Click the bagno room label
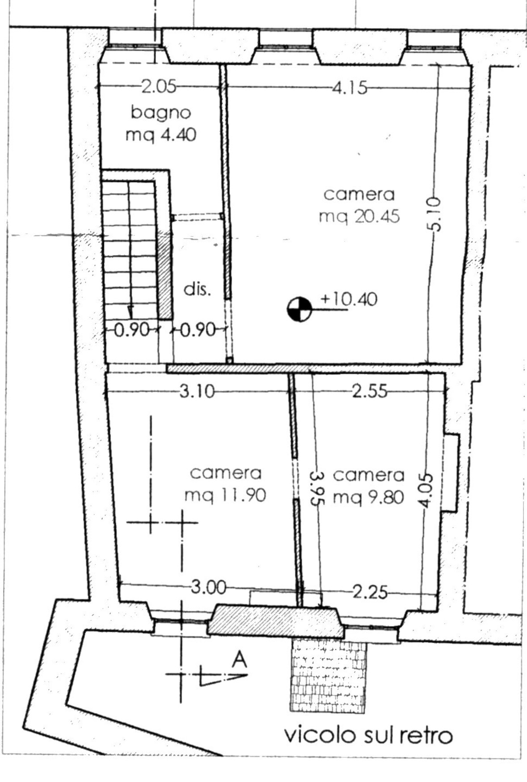click(161, 113)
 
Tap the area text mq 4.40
click(161, 135)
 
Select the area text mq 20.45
click(359, 217)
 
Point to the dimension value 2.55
click(370, 391)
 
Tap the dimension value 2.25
click(370, 592)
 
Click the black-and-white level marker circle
click(299, 309)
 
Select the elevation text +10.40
click(349, 299)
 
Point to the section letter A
click(240, 659)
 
